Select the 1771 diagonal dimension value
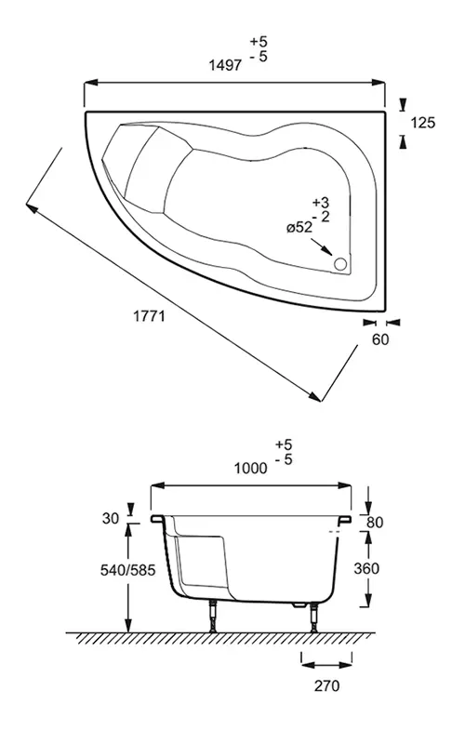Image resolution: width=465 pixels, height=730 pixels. point(148,316)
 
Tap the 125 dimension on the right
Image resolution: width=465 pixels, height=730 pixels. point(422,121)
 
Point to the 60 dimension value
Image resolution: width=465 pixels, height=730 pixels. point(379,339)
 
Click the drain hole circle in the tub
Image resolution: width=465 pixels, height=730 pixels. point(340,264)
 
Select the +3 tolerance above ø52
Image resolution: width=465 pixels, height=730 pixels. point(321,202)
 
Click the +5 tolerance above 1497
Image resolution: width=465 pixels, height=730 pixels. point(257,43)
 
